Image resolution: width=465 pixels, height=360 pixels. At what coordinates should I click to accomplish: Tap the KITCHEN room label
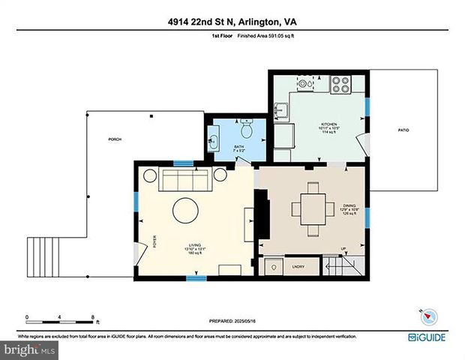tap(328, 124)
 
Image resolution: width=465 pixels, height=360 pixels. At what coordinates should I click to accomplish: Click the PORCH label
tap(115, 139)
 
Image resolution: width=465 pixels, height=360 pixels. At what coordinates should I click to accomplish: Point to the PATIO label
tap(403, 130)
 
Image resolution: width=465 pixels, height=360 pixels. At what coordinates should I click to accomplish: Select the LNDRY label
tap(297, 265)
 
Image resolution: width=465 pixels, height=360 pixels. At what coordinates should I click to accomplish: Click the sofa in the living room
tap(186, 179)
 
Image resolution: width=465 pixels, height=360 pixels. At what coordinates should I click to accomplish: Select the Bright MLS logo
tap(28, 349)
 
